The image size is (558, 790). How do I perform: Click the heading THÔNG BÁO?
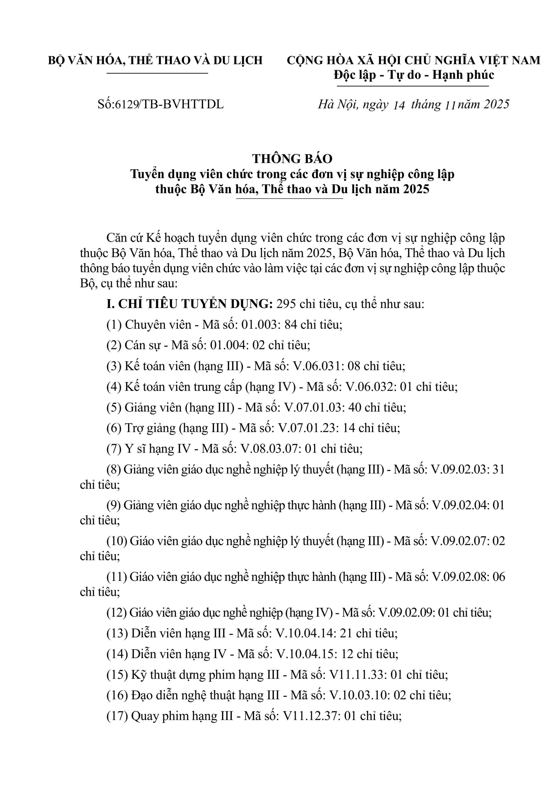[292, 159]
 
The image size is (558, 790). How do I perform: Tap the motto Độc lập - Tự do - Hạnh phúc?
[414, 75]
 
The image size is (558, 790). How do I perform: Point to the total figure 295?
[286, 304]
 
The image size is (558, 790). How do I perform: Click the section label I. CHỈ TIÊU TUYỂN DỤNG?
[190, 304]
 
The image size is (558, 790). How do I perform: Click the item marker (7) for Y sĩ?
[114, 449]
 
